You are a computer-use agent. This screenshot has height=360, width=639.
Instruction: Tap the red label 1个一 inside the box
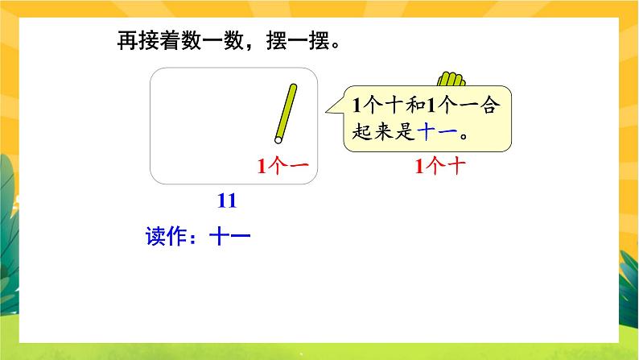(x=282, y=167)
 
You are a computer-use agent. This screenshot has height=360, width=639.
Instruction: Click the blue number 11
(x=227, y=201)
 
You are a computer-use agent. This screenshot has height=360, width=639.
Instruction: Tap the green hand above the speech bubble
(x=451, y=79)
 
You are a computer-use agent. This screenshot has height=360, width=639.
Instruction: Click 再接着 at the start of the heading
(x=146, y=40)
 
